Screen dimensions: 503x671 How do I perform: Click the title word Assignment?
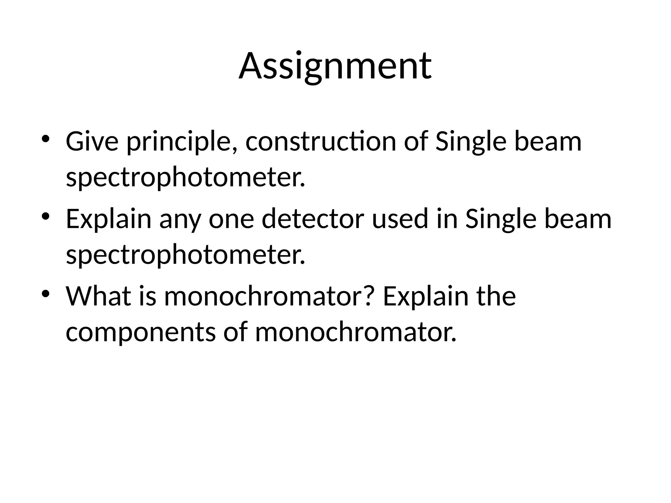335,66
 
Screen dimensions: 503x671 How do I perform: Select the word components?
141,333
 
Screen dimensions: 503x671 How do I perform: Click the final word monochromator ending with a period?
355,332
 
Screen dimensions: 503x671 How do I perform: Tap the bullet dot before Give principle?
46,139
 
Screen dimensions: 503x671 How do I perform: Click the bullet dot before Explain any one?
46,216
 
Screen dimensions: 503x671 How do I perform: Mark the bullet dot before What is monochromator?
46,293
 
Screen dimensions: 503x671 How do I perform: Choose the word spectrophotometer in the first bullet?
185,178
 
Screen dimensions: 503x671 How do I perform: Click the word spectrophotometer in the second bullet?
185,255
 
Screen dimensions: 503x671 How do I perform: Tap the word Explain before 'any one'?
108,219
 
